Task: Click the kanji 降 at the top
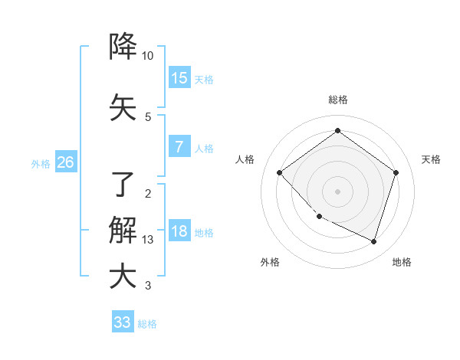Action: [x=123, y=47]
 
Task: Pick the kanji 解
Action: [x=123, y=229]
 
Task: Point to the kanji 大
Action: [x=123, y=276]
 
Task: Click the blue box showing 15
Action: [x=179, y=78]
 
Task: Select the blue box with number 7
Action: [x=179, y=147]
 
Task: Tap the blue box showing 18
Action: [x=179, y=232]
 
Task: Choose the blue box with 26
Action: [x=65, y=162]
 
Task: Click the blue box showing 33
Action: [x=123, y=322]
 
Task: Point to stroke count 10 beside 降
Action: [x=148, y=56]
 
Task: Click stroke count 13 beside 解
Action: [x=148, y=240]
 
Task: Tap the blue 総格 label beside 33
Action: [x=147, y=324]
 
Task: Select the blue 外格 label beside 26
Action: [x=41, y=164]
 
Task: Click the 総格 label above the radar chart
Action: [x=337, y=100]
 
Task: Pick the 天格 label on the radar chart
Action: [x=431, y=159]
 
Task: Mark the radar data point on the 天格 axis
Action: [x=396, y=172]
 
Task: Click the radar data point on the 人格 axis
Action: [x=280, y=172]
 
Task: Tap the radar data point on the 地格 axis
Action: [x=373, y=241]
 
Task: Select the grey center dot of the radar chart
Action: [x=337, y=191]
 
